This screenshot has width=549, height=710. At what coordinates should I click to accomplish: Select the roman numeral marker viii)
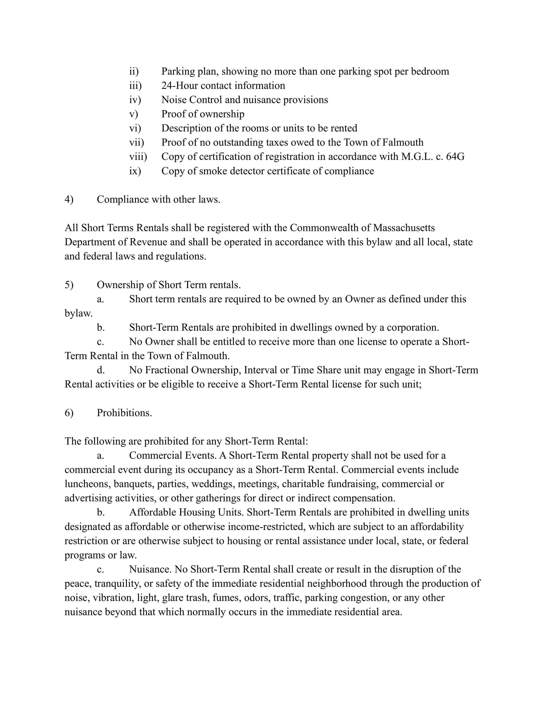(138, 156)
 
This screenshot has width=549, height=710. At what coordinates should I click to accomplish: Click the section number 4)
(69, 199)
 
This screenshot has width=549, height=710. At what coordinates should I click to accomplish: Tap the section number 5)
(69, 285)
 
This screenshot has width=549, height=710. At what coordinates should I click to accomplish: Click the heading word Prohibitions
(124, 413)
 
